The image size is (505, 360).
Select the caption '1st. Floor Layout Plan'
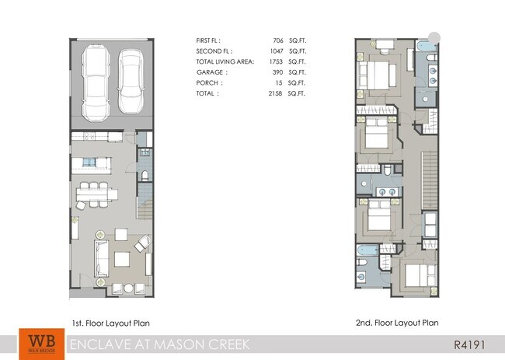click(x=110, y=323)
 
